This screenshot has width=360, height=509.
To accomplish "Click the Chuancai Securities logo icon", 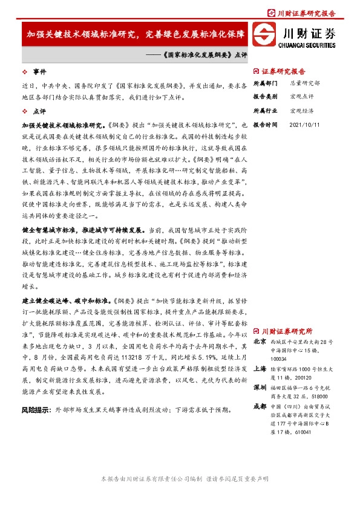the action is (x=264, y=34).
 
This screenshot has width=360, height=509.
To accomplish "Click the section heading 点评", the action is (x=39, y=111).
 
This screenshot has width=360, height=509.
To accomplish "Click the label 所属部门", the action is (x=265, y=83).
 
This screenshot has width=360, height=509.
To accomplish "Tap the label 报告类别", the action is (x=265, y=97).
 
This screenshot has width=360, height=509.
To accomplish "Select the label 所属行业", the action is (x=265, y=111).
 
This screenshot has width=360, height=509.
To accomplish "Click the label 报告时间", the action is (x=265, y=125).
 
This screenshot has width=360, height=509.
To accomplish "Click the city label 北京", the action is (x=260, y=342).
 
